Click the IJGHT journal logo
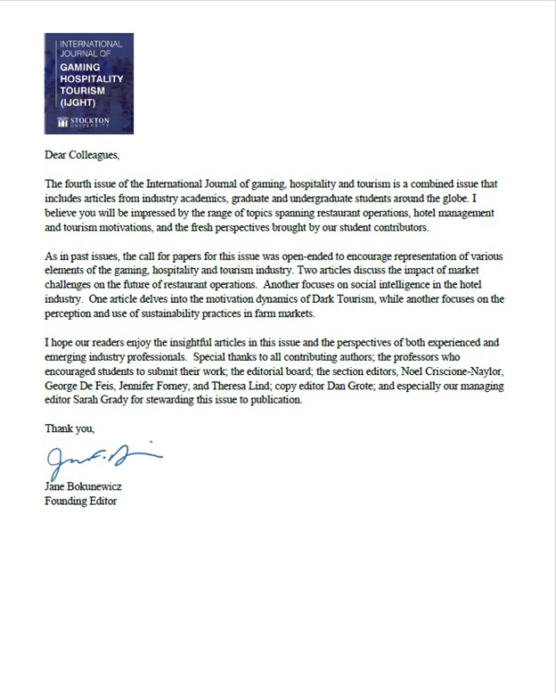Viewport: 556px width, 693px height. (x=88, y=84)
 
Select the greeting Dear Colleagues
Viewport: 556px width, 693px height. (x=81, y=156)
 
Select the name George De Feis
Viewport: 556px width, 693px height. (x=78, y=387)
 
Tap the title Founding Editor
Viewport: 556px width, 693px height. (x=80, y=501)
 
